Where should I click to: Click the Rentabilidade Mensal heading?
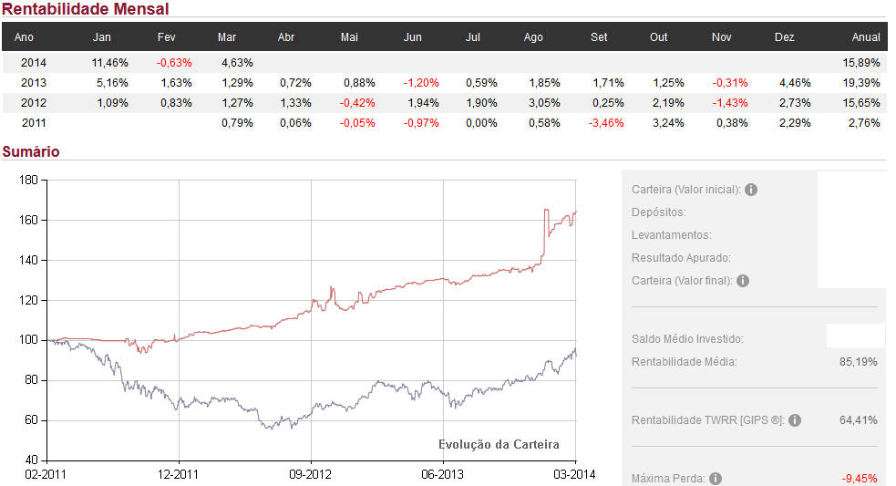[x=85, y=9]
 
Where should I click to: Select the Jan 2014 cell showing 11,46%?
[x=110, y=63]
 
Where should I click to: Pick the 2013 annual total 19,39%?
[x=862, y=83]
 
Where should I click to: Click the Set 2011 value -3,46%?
[x=606, y=123]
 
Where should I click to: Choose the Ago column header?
[x=533, y=37]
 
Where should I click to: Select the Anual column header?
[x=866, y=37]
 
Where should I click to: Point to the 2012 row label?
[x=33, y=103]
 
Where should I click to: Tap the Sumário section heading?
[x=31, y=151]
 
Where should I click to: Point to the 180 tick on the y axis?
[x=27, y=181]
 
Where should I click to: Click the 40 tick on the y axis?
[x=30, y=460]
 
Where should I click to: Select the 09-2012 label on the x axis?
[x=311, y=474]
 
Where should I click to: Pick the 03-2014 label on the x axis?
[x=575, y=474]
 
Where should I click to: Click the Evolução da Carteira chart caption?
[x=499, y=445]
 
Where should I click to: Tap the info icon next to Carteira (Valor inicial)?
[x=751, y=190]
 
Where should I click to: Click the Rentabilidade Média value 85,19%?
[x=858, y=362]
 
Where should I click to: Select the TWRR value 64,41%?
[x=858, y=420]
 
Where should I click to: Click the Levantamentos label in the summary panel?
[x=672, y=235]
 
